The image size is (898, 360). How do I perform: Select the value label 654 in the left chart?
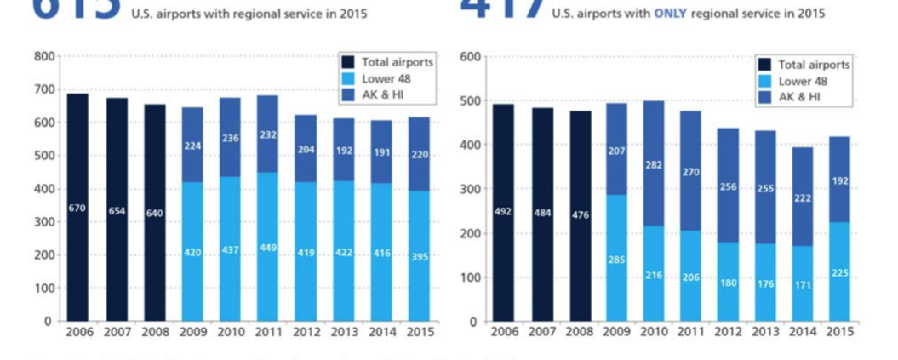[117, 211]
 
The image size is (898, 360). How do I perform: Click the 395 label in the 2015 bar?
[419, 257]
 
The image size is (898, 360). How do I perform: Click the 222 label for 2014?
[802, 197]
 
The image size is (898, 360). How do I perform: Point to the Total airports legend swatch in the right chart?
[764, 65]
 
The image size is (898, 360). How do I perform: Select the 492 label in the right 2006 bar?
[504, 212]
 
